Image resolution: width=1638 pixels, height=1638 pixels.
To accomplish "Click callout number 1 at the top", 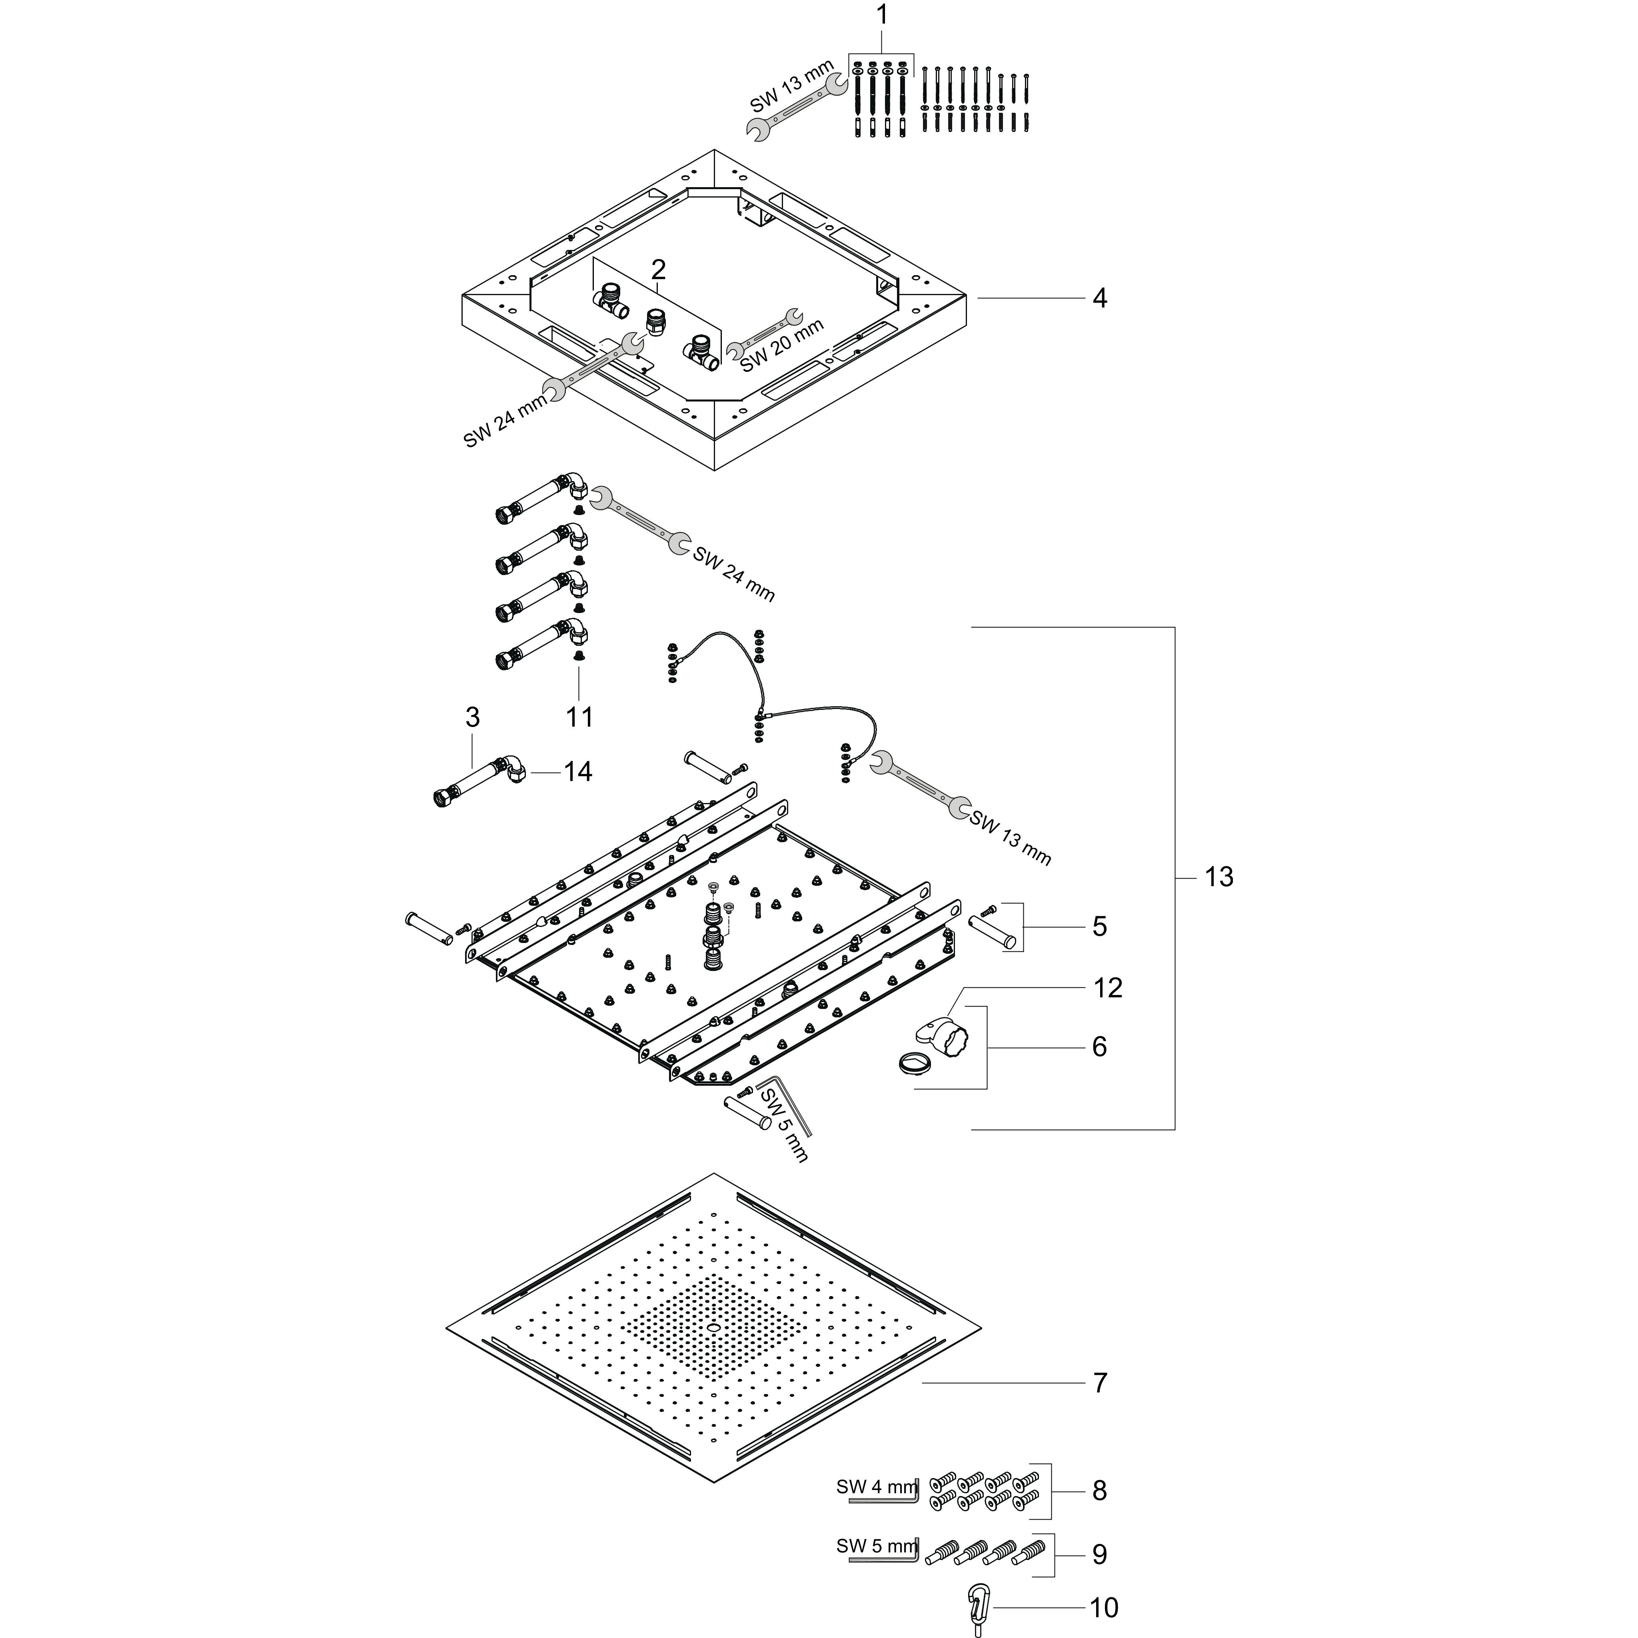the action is point(882,15).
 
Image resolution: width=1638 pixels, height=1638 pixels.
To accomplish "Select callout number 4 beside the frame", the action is point(1100,298).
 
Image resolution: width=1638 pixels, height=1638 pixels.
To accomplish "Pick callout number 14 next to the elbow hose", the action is point(578,771).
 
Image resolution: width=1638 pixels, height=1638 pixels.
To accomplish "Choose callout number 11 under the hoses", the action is point(579,717).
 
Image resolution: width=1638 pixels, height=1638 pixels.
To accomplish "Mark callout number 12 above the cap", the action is point(1108,988).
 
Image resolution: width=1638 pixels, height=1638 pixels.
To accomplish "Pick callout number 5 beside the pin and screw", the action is point(1100,927).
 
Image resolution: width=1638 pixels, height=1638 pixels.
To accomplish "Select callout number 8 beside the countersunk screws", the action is point(1100,1490).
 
